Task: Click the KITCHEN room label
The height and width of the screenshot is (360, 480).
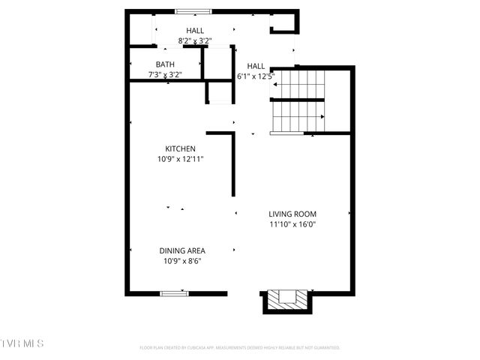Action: click(181, 148)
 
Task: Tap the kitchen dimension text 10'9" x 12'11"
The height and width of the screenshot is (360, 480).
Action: click(181, 159)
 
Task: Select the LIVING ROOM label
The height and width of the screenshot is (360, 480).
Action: click(293, 214)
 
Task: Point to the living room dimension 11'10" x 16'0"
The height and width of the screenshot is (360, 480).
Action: click(293, 224)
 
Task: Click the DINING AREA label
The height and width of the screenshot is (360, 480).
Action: click(182, 250)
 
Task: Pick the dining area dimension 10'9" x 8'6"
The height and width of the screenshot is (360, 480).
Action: click(182, 261)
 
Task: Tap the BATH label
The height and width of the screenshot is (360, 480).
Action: click(165, 64)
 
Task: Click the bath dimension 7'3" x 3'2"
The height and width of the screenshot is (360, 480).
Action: click(165, 75)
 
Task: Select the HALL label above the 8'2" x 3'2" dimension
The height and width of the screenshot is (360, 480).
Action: click(195, 31)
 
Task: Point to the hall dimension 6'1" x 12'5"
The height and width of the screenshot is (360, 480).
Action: click(256, 76)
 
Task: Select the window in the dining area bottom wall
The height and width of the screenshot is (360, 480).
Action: click(173, 292)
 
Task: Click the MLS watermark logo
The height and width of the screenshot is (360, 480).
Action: click(22, 343)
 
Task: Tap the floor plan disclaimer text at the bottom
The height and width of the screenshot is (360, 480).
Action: click(240, 348)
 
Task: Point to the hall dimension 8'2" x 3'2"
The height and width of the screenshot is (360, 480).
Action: click(195, 41)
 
